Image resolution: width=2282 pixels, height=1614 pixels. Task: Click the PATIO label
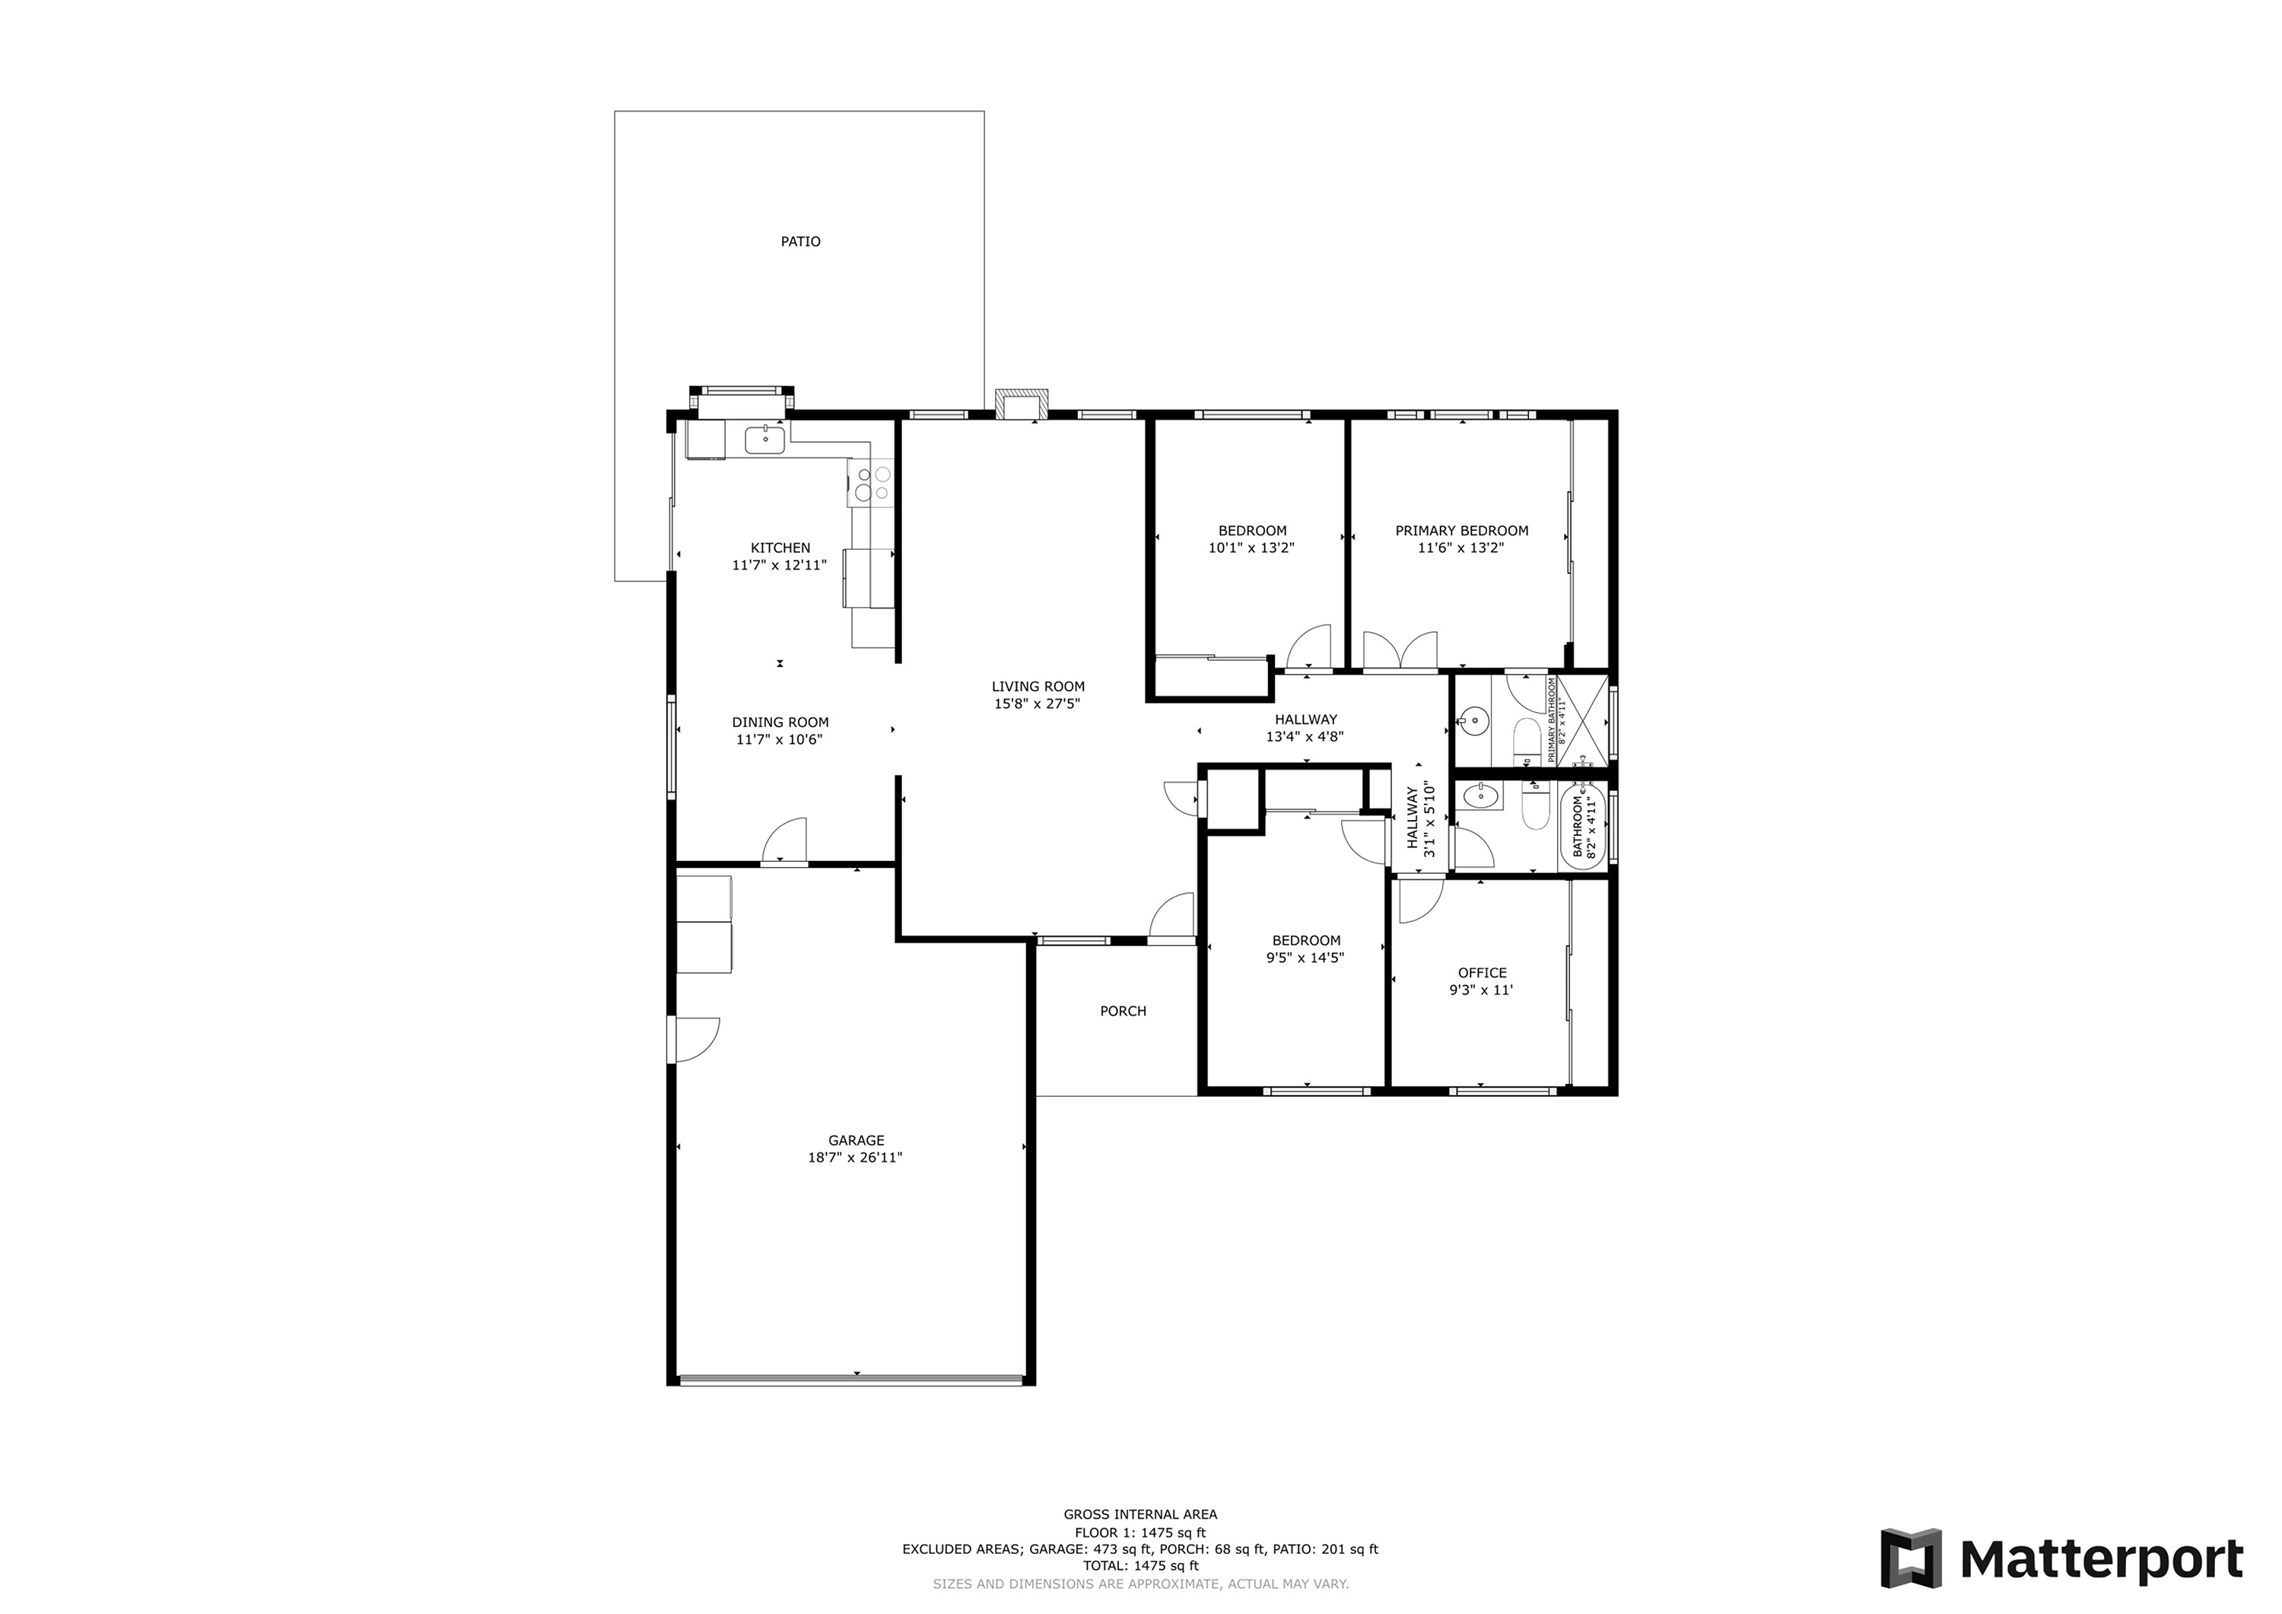pos(800,242)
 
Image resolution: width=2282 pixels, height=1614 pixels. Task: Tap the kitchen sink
pos(765,438)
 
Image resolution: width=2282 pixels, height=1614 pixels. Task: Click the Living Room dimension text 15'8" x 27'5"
pos(1038,704)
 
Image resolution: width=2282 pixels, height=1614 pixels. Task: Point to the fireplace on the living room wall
pos(1021,405)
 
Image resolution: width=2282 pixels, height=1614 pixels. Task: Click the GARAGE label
pos(856,1141)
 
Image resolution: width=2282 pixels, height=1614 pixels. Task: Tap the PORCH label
pos(1123,1012)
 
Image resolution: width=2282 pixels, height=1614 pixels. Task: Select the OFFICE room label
pos(1482,973)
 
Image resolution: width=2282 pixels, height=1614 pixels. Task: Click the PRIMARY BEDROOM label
pos(1461,531)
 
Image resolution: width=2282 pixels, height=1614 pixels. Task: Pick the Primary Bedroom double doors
pos(1400,651)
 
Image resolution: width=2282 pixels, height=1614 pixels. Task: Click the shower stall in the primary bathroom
pos(1581,720)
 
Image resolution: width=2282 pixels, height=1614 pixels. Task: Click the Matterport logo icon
pos(1910,1558)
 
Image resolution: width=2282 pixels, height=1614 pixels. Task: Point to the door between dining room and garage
pos(784,842)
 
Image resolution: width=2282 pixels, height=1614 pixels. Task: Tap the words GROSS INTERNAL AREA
pos(1140,1514)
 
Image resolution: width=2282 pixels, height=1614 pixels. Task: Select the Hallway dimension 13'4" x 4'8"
pos(1305,736)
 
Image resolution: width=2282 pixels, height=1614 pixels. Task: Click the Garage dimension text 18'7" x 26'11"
pos(855,1158)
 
